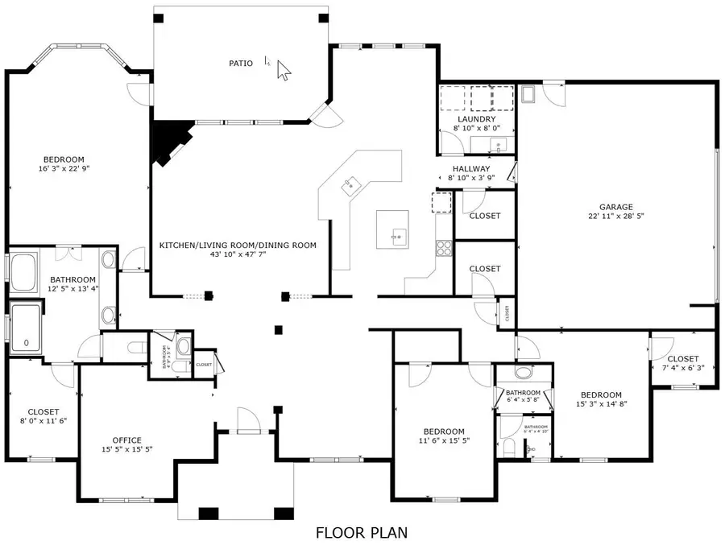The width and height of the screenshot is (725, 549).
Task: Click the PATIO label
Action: click(x=240, y=63)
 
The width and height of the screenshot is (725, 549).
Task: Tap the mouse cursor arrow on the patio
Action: click(x=284, y=70)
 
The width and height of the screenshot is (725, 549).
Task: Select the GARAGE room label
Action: click(x=615, y=207)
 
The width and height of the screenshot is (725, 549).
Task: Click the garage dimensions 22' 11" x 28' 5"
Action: click(x=615, y=217)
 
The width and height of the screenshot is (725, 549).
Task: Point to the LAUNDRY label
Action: click(x=475, y=119)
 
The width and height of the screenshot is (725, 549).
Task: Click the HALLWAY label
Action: click(x=471, y=168)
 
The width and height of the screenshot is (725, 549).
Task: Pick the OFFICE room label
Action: click(x=126, y=440)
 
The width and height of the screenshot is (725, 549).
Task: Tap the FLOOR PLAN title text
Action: click(x=361, y=532)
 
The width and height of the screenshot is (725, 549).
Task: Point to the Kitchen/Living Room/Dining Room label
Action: click(x=238, y=246)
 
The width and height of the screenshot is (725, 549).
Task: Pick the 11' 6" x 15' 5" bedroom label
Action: click(x=444, y=435)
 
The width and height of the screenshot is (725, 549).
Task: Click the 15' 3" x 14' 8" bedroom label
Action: click(x=601, y=399)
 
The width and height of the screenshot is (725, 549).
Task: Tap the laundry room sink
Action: click(x=499, y=147)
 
